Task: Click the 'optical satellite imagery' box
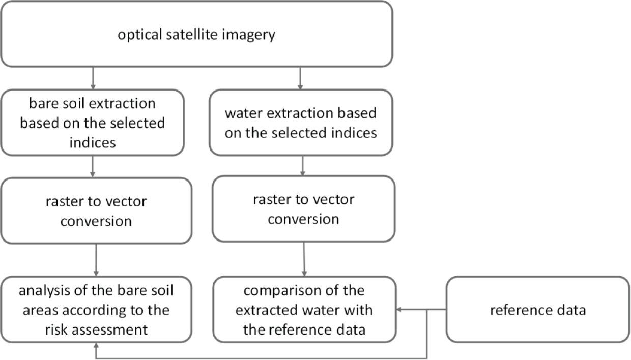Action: [196, 34]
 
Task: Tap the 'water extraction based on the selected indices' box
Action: [301, 123]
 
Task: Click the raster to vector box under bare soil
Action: [96, 211]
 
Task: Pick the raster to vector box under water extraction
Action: [303, 209]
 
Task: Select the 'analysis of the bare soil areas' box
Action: [96, 310]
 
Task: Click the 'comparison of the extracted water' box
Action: [304, 310]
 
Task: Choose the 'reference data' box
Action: [537, 310]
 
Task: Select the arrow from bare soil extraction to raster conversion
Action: [92, 166]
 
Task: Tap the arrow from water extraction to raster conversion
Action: [303, 165]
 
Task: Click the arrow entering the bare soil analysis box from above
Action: [96, 260]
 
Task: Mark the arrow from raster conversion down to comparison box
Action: [304, 259]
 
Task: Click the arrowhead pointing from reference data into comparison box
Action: [400, 310]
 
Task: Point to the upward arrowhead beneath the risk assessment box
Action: [96, 346]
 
